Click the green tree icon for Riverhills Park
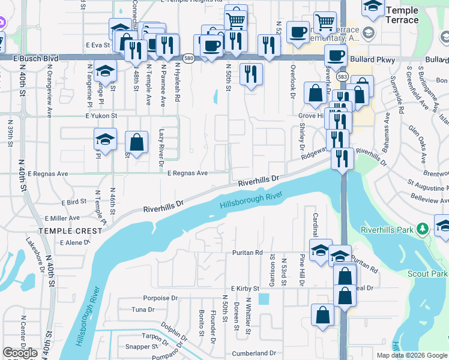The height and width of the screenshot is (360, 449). [x=423, y=229]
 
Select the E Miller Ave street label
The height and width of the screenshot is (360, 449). [x=62, y=218]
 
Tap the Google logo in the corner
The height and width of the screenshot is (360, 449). [x=20, y=353]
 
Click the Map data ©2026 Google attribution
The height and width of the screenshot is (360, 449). [x=412, y=355]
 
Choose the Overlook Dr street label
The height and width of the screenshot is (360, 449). [x=293, y=80]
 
